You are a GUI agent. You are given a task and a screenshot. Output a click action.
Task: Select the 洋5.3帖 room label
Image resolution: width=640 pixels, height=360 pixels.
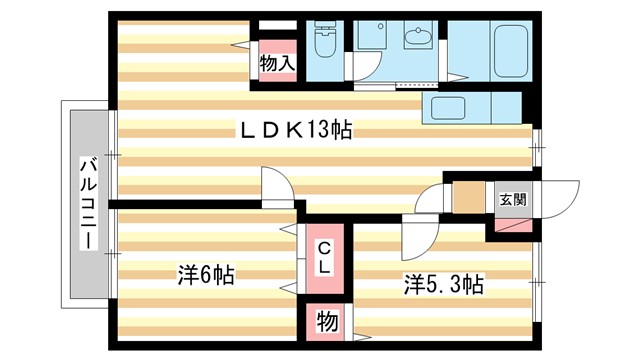pyautogui.click(x=443, y=285)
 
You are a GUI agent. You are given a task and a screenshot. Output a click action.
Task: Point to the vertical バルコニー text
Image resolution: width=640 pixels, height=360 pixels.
pyautogui.click(x=87, y=203)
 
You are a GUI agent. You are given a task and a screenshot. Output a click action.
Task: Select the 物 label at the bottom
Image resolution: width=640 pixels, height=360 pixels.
pyautogui.click(x=326, y=323)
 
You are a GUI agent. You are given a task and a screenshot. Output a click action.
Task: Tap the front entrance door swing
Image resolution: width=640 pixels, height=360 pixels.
pyautogui.click(x=561, y=195)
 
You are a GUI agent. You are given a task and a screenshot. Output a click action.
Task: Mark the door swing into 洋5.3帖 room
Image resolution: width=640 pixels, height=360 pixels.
pyautogui.click(x=421, y=234)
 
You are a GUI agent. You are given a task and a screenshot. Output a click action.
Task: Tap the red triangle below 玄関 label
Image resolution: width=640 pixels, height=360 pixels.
pyautogui.click(x=509, y=226)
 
